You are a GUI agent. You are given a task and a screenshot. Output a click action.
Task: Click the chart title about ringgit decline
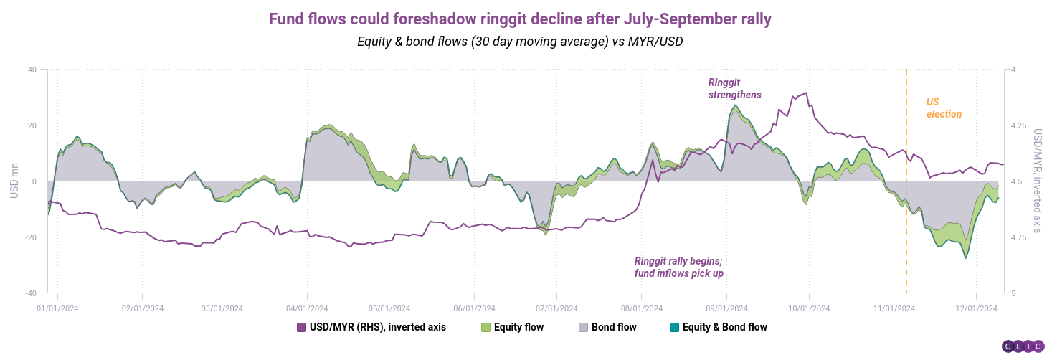pos(520,19)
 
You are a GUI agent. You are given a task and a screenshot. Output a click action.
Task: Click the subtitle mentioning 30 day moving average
pos(520,42)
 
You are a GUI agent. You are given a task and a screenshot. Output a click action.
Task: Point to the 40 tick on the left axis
pos(32,70)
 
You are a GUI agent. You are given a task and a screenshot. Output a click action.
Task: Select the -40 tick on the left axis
pos(30,293)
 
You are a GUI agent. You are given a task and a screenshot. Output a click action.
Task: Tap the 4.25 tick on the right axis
pos(1020,125)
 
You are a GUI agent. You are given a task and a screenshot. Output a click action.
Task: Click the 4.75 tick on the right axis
pos(1020,237)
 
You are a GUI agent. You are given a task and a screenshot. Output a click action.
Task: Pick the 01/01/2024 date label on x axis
pos(57,308)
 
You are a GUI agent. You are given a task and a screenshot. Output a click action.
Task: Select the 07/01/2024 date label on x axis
pos(556,308)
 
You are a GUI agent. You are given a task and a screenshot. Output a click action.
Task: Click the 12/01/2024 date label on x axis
pos(976,308)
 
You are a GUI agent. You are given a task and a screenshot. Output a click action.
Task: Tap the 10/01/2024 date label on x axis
pos(809,308)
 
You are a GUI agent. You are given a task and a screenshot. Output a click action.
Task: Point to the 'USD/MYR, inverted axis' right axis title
pos(1038,181)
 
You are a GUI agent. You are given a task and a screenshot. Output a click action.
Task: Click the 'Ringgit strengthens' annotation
pos(734,88)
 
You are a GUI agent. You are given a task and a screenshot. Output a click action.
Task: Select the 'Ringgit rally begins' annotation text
pos(678,267)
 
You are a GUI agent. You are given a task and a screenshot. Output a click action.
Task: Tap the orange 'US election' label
pos(943,108)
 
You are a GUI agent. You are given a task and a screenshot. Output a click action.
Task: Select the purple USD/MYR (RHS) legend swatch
pos(301,327)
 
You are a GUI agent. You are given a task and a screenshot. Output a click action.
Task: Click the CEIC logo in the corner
pos(1023,346)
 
